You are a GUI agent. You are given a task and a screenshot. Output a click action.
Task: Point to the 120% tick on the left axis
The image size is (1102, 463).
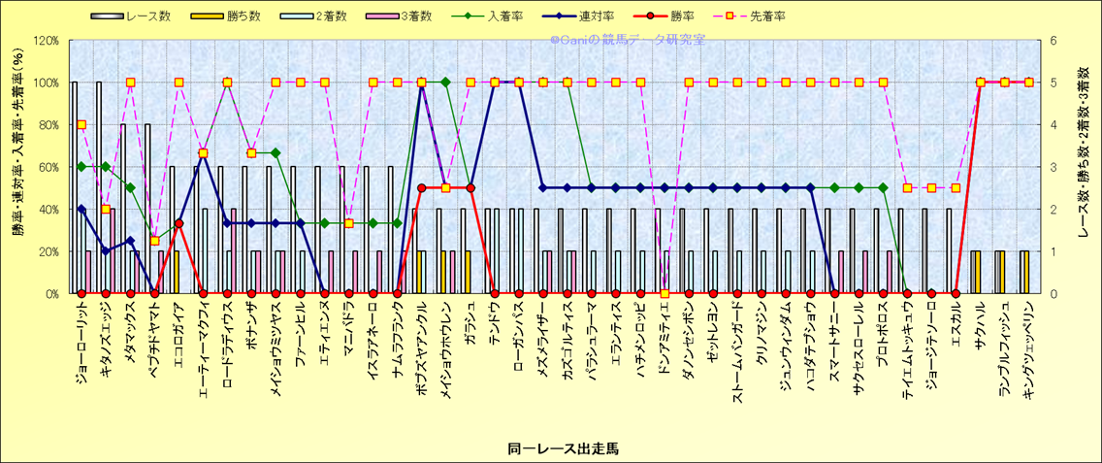(46, 41)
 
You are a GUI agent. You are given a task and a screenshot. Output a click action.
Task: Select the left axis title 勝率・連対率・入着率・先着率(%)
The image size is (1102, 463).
(17, 167)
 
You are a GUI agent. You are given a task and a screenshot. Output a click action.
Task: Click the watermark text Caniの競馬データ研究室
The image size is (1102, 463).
(628, 40)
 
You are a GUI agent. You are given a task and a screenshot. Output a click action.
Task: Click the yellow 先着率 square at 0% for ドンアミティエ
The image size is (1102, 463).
(664, 293)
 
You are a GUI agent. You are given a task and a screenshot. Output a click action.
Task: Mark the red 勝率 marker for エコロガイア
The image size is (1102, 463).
(178, 224)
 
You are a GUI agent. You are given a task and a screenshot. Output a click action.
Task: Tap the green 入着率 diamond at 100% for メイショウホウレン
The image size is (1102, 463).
(445, 83)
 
